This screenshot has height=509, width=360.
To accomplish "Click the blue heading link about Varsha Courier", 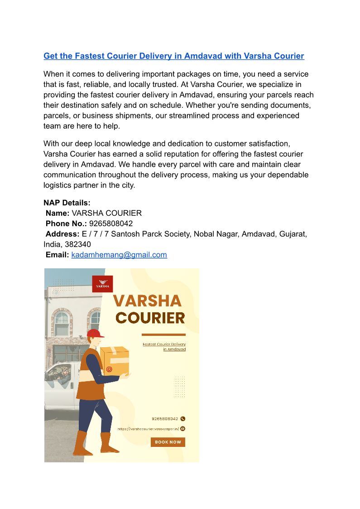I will [x=173, y=56].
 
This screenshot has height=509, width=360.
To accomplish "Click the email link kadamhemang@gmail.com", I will [x=119, y=255].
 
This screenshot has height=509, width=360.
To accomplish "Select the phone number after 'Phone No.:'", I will [x=111, y=223].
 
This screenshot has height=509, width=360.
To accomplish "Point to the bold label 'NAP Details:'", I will [x=67, y=203].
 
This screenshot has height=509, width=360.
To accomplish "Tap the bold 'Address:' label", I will [x=62, y=234].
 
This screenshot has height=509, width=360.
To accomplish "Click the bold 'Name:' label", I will [x=58, y=213].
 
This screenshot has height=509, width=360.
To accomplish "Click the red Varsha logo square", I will [x=102, y=284].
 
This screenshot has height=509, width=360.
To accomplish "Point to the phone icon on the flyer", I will [x=183, y=419].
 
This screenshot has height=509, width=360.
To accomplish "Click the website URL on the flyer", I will [x=148, y=429].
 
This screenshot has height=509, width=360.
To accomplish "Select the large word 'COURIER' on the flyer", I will [x=150, y=318].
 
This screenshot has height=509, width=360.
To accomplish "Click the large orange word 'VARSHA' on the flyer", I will [x=147, y=301].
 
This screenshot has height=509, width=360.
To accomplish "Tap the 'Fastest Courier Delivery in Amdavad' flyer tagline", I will [x=164, y=347].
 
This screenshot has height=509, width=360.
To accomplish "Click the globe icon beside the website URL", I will [x=183, y=428].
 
